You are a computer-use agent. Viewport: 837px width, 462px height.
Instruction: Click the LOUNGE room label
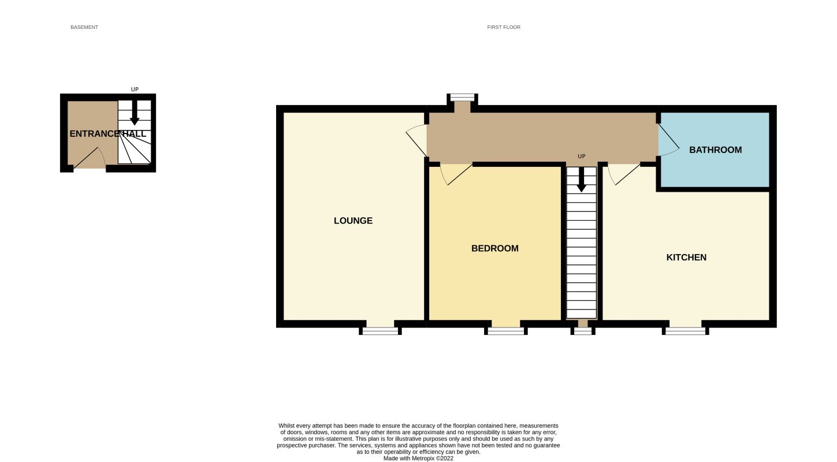tap(353, 221)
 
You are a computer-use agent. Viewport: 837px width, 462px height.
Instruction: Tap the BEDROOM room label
tap(494, 248)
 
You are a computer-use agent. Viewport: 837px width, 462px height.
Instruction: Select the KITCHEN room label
tap(686, 258)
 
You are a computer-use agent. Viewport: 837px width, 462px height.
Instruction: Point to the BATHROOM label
tap(715, 150)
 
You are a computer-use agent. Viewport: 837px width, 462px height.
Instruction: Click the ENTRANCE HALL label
tap(107, 134)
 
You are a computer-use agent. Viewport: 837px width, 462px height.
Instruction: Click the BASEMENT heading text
tap(84, 27)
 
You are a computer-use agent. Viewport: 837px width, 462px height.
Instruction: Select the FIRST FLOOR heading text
tap(504, 27)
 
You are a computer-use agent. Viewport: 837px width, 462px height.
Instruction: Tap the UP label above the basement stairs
tap(135, 90)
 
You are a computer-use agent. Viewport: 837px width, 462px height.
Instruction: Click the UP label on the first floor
tap(582, 157)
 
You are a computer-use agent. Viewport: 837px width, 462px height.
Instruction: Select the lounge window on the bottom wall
tap(380, 331)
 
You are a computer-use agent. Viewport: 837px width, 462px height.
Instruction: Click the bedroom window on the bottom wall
tap(505, 331)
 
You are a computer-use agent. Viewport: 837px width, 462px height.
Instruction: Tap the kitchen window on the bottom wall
tap(685, 331)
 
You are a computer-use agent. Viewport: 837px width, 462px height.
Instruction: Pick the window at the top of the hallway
tap(462, 97)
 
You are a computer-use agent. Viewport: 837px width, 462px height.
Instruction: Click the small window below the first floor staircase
tap(582, 331)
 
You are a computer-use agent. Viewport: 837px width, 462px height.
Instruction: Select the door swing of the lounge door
tap(416, 140)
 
